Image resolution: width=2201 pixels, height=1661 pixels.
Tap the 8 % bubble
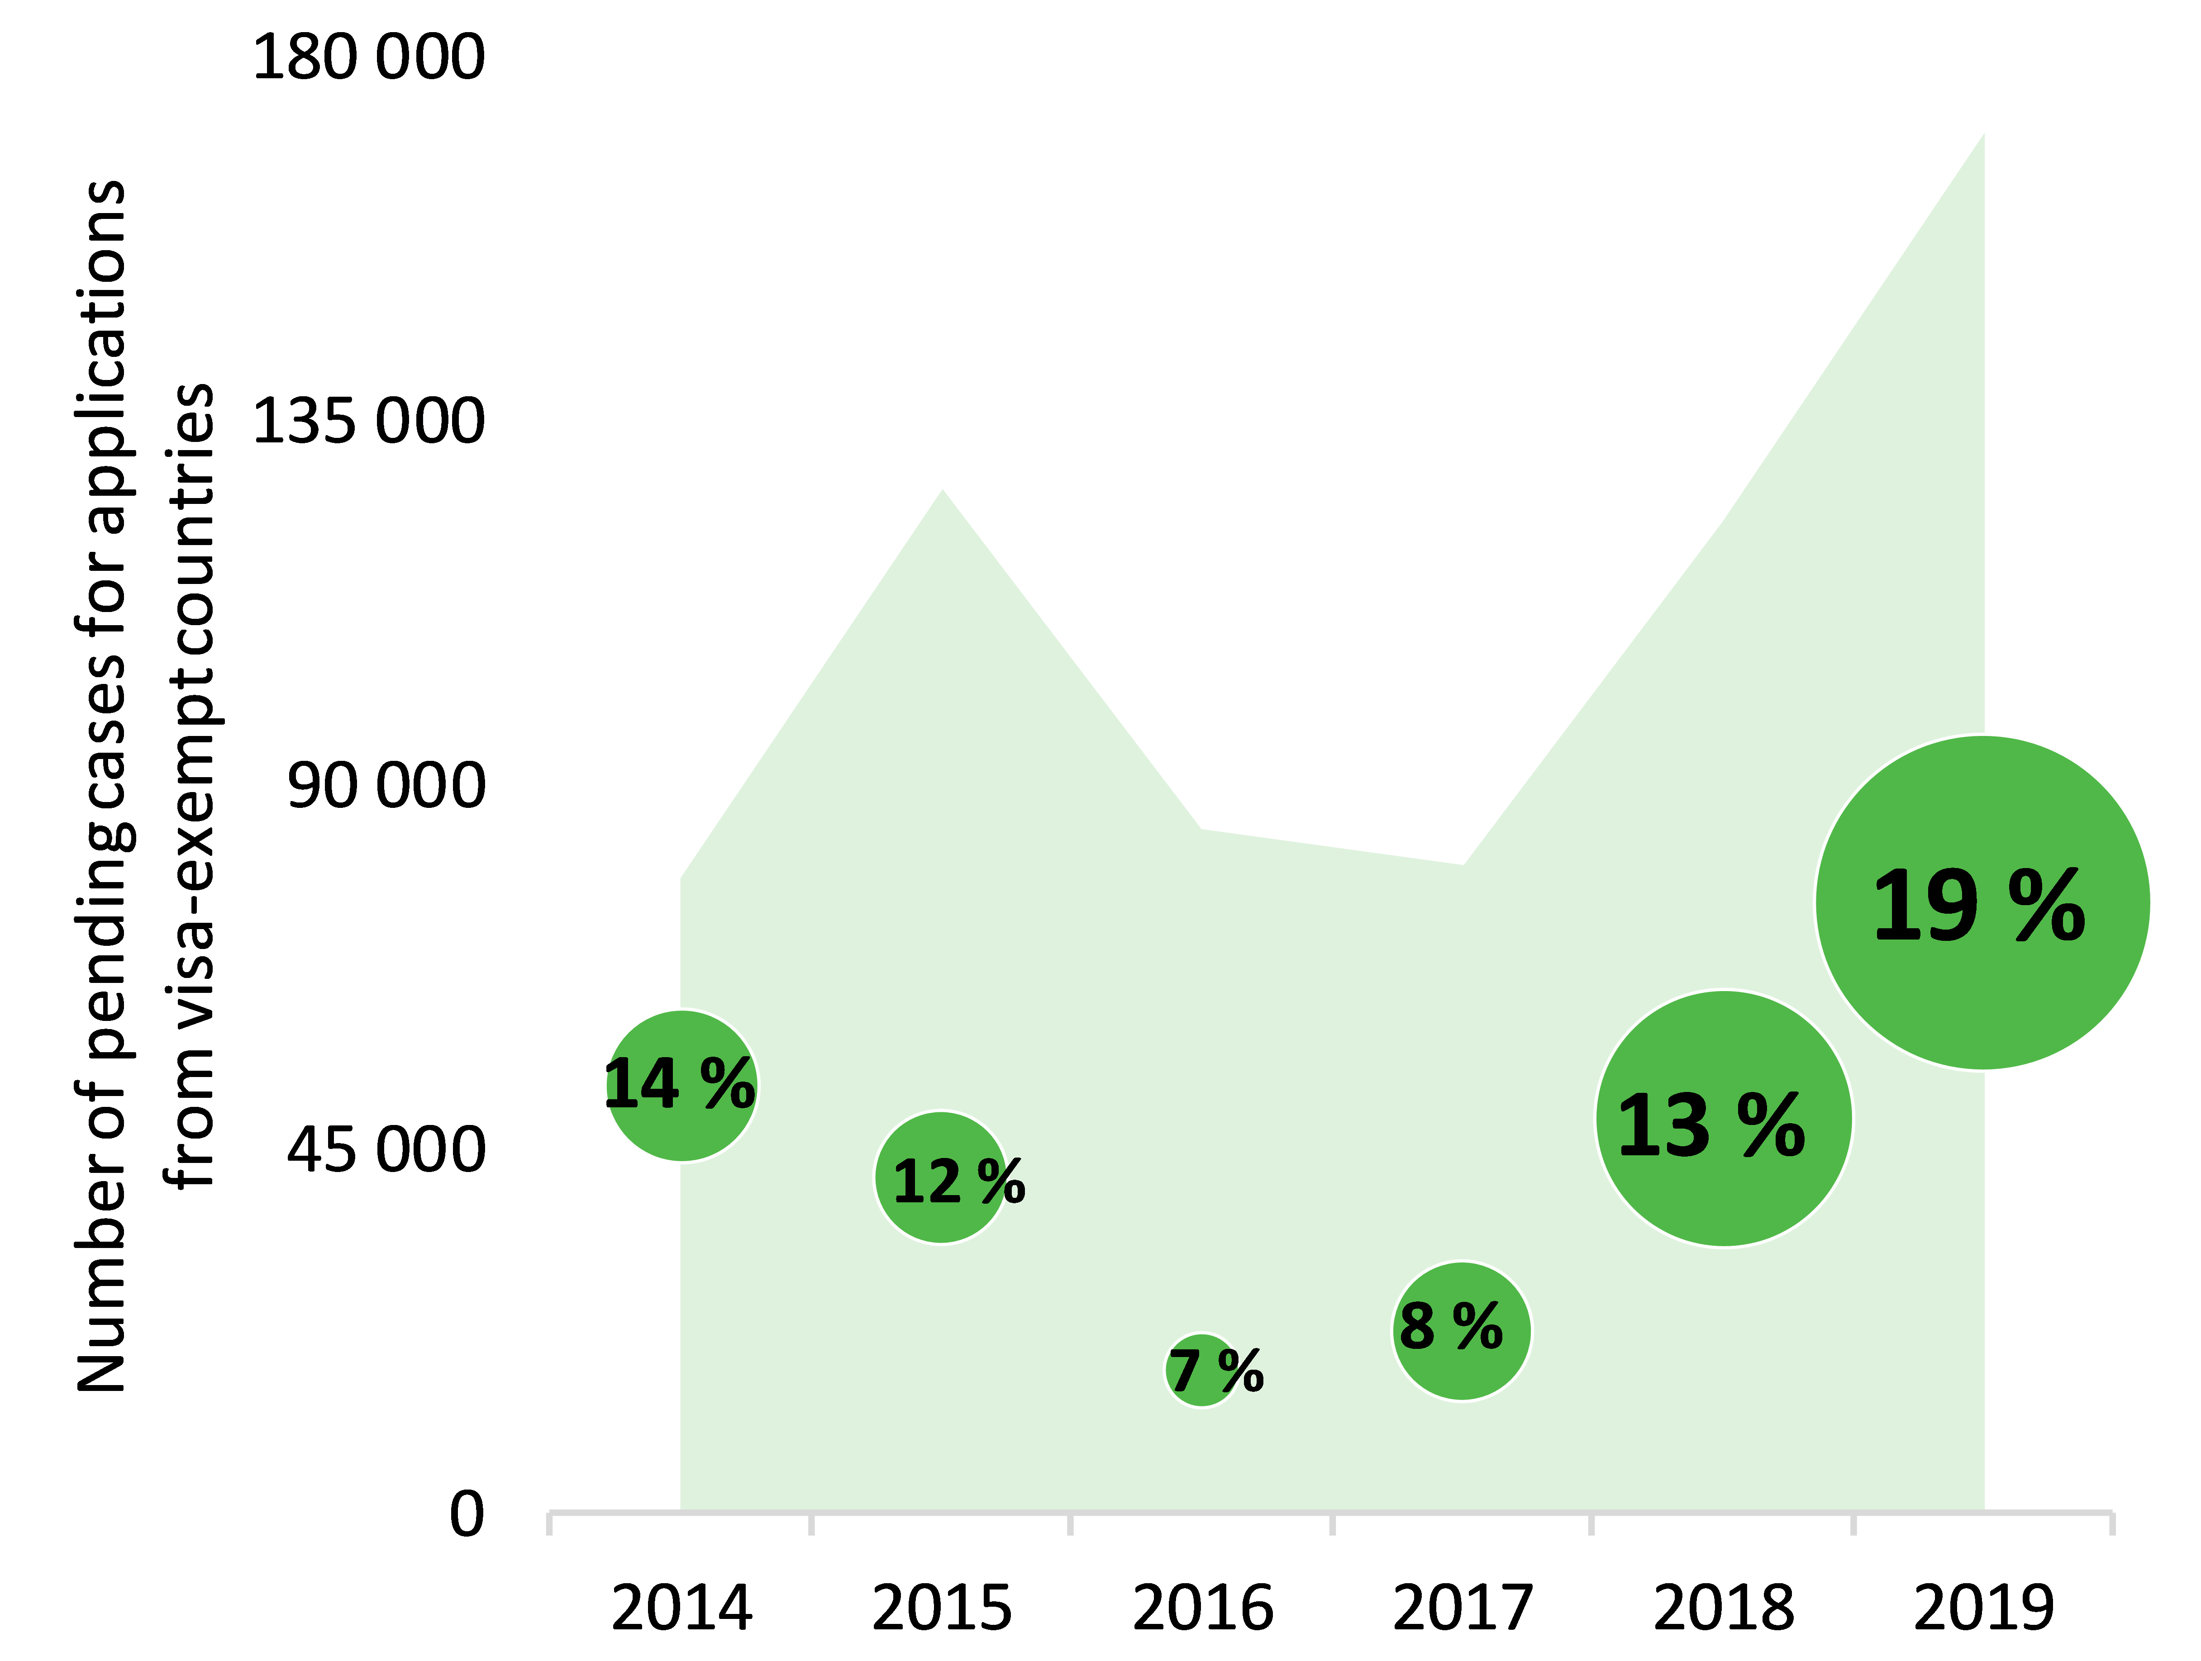[1461, 1331]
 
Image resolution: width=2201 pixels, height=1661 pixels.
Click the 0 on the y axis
[467, 1515]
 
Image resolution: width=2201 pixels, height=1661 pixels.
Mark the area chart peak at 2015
[942, 490]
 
